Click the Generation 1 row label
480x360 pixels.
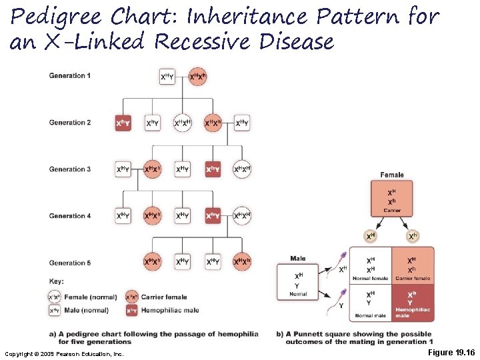(x=67, y=76)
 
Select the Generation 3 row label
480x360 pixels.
(x=67, y=169)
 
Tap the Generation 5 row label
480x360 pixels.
(x=67, y=263)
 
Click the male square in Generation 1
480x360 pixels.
(x=168, y=77)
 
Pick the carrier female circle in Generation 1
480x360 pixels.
(x=197, y=77)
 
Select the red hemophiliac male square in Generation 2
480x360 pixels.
(x=123, y=123)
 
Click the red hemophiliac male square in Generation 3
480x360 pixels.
(x=213, y=170)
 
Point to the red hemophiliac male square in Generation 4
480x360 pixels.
(x=213, y=216)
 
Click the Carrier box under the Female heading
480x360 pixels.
(x=392, y=198)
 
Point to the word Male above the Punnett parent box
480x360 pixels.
(x=298, y=259)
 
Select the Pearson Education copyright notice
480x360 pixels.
(x=64, y=353)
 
